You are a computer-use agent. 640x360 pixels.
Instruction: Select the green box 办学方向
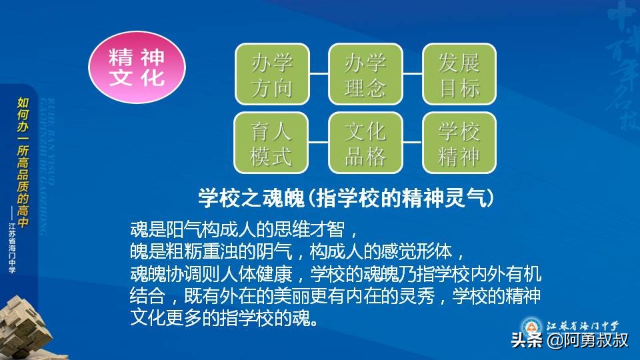tap(271, 74)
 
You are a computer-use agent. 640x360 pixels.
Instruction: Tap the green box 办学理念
tap(365, 74)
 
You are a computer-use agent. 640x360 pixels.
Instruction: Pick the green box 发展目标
tap(459, 74)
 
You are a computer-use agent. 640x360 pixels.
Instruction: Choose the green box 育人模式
tap(271, 143)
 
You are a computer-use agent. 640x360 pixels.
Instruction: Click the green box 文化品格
tap(365, 143)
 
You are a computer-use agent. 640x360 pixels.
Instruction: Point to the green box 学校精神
tap(459, 143)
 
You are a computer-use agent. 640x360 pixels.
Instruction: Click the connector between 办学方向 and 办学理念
tap(319, 73)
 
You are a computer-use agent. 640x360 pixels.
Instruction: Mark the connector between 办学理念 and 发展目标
tap(413, 73)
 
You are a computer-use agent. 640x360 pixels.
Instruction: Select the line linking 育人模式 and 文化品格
tap(319, 142)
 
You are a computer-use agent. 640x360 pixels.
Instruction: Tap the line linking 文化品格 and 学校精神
tap(413, 142)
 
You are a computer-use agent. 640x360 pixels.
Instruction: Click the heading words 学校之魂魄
tap(251, 197)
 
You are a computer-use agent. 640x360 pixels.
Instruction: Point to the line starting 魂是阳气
tap(244, 230)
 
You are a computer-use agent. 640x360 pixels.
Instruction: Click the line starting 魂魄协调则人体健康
tap(335, 273)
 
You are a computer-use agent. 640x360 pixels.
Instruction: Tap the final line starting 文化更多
tap(223, 317)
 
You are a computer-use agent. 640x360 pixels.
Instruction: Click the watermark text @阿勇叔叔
tap(587, 341)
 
